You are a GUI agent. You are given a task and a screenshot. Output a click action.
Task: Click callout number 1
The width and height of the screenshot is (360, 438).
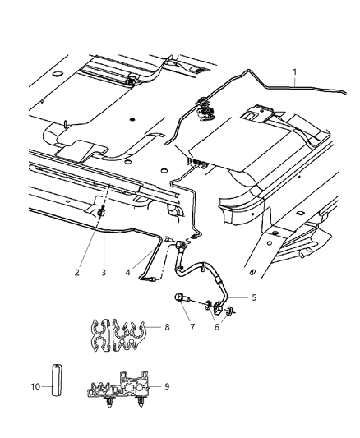tap(295, 73)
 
